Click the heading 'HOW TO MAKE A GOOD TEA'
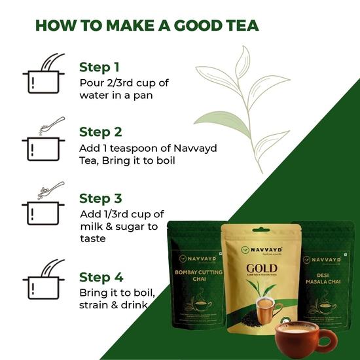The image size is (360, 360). click(147, 26)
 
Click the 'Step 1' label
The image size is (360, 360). click(99, 67)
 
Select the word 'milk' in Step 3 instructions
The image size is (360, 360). click(90, 227)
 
